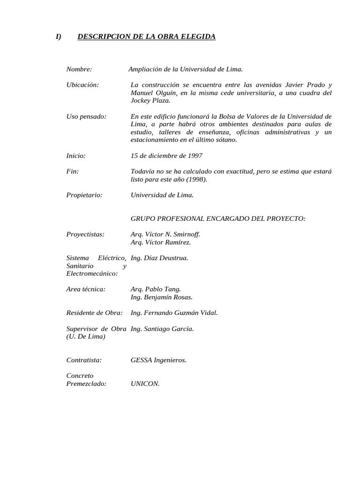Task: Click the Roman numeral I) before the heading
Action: click(x=58, y=37)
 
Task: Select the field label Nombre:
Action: click(x=79, y=69)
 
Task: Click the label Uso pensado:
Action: click(x=86, y=116)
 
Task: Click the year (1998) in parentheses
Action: click(x=195, y=179)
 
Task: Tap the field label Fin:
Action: click(x=73, y=172)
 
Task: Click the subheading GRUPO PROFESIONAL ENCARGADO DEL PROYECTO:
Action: click(x=218, y=218)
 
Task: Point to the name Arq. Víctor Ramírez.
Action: click(x=161, y=242)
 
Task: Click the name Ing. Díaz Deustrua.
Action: click(x=159, y=258)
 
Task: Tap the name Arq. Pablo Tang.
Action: click(x=156, y=289)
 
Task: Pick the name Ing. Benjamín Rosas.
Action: click(x=161, y=297)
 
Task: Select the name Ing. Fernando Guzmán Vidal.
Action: click(x=174, y=313)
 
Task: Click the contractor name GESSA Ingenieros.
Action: click(x=158, y=360)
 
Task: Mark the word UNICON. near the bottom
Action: click(x=145, y=383)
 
